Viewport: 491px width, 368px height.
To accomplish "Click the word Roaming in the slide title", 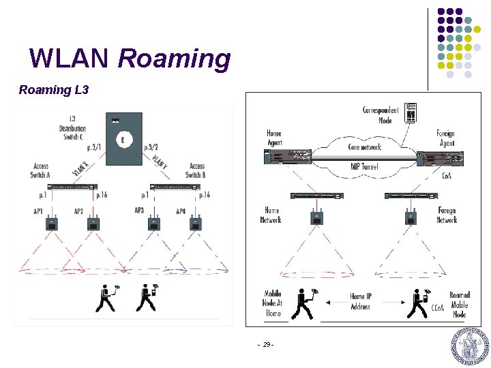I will pos(175,59).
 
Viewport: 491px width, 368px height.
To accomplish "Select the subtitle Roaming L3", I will pos(55,90).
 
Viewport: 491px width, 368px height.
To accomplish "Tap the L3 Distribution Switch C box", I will pos(123,139).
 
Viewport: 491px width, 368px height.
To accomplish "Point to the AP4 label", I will pos(181,212).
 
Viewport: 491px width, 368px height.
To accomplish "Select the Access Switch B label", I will pos(196,170).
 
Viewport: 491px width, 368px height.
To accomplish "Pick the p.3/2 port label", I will pos(151,147).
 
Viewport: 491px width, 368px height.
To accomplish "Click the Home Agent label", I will pos(273,138).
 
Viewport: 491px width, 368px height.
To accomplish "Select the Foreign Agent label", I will pos(445,138).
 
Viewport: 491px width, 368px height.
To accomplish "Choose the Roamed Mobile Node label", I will pos(460,305).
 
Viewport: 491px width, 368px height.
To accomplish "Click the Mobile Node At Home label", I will pos(272,304).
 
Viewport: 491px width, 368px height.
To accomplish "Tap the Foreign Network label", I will pos(447,215).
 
